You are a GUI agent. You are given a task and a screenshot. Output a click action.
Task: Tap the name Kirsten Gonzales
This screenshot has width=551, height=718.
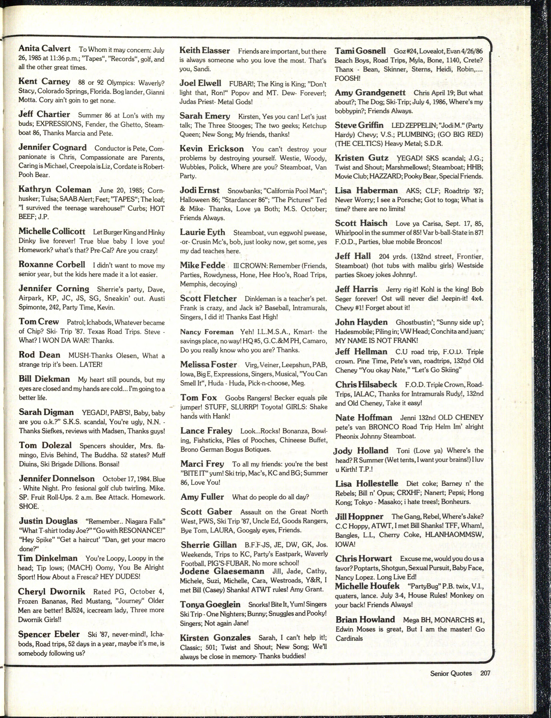(215, 637)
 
